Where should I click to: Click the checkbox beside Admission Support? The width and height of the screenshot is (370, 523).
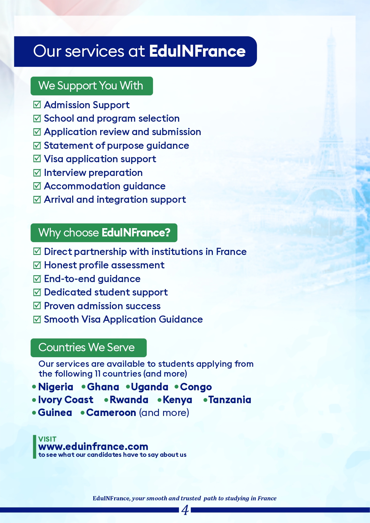[x=37, y=105]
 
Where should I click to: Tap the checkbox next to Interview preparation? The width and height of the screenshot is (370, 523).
[x=37, y=172]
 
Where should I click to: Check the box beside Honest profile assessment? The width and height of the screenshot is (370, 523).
[x=37, y=265]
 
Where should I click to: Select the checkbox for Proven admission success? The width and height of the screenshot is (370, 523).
[x=37, y=306]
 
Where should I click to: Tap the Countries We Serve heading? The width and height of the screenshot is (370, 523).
[x=88, y=348]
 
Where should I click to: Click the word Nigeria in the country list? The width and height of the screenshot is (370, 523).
[x=56, y=387]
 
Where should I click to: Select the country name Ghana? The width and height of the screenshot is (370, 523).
[x=103, y=387]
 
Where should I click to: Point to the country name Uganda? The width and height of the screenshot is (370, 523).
[x=149, y=387]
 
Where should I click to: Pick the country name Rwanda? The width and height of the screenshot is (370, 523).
[x=129, y=400]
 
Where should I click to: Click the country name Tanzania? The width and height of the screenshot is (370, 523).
[x=230, y=400]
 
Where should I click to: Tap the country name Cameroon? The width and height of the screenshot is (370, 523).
[x=111, y=413]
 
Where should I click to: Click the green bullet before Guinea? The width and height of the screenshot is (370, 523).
[x=34, y=413]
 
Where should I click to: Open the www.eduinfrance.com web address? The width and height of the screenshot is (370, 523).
[x=93, y=447]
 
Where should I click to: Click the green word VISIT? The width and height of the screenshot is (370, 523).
[x=47, y=439]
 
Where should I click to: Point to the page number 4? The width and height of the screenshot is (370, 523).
[x=185, y=510]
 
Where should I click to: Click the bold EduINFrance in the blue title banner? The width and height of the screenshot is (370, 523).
[x=197, y=51]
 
